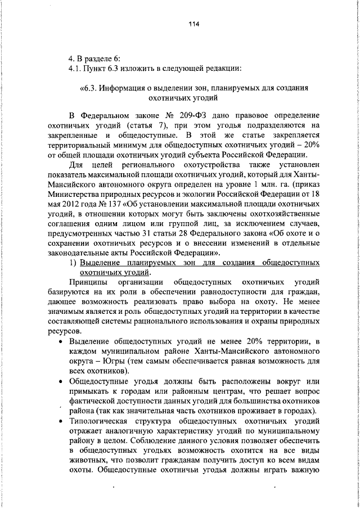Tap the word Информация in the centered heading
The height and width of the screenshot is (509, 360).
tap(132, 88)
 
